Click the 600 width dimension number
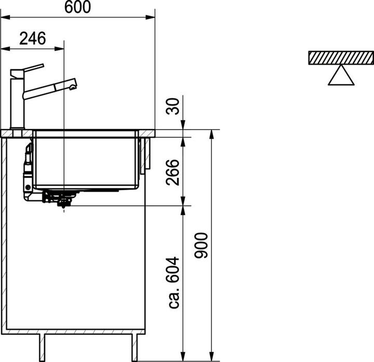(x=78, y=7)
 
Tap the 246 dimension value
(x=33, y=38)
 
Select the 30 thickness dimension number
(x=175, y=106)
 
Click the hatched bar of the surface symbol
(x=341, y=57)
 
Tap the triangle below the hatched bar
(x=341, y=76)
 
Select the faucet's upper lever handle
(x=29, y=69)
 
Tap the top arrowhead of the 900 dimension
(x=211, y=134)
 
